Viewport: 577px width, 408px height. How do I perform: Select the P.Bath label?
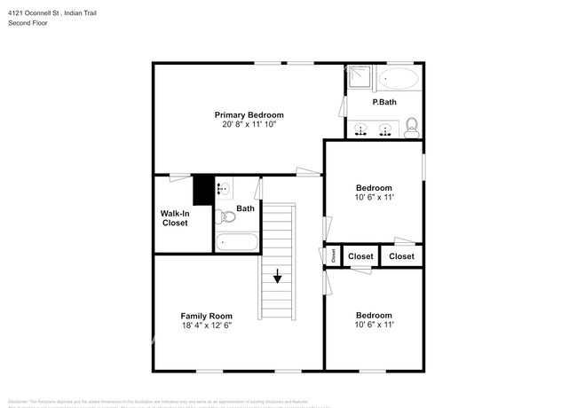[x=384, y=103]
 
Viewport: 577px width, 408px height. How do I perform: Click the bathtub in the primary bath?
[x=398, y=80]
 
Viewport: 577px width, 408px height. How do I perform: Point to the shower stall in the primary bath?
[x=357, y=78]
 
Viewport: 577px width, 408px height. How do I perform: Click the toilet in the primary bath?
[x=410, y=130]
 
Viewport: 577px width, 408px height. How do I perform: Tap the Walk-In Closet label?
[x=174, y=218]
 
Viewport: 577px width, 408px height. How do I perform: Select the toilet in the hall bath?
[x=225, y=216]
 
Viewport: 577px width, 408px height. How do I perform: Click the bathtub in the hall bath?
[x=236, y=241]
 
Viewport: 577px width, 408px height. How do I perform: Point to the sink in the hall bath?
[x=224, y=188]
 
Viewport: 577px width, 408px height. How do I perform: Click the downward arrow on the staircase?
[x=277, y=277]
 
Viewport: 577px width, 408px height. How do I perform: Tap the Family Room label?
[x=207, y=316]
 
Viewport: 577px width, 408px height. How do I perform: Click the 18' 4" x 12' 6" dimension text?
[x=207, y=326]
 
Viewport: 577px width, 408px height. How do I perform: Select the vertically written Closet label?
[x=333, y=255]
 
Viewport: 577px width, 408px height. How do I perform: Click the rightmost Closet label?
[x=401, y=256]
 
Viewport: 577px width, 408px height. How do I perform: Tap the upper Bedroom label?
[x=374, y=187]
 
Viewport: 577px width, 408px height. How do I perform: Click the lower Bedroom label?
[x=374, y=315]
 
